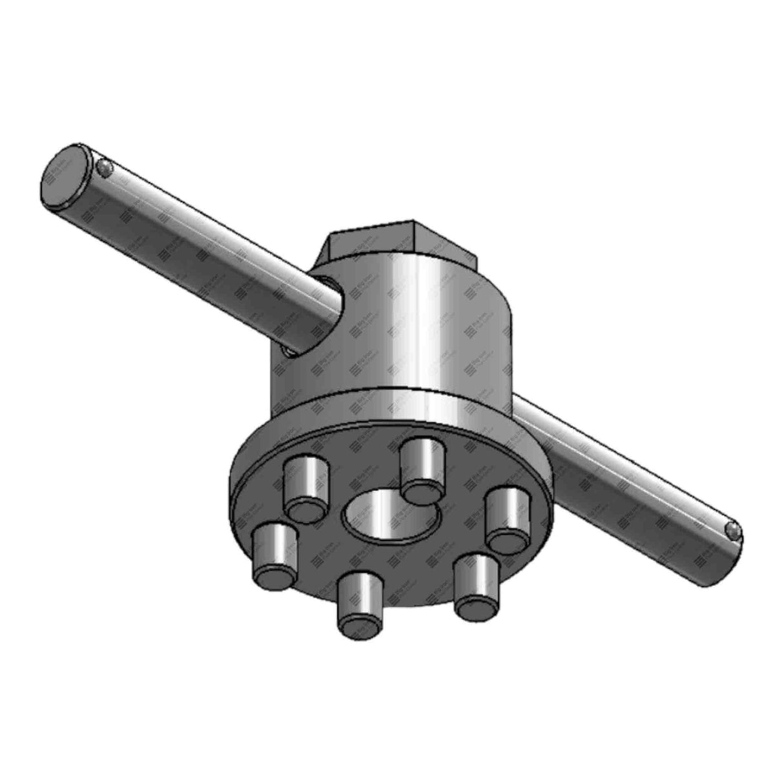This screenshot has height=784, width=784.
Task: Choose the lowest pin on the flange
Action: pos(359,604)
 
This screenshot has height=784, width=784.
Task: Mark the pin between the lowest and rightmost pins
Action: pos(477,584)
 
